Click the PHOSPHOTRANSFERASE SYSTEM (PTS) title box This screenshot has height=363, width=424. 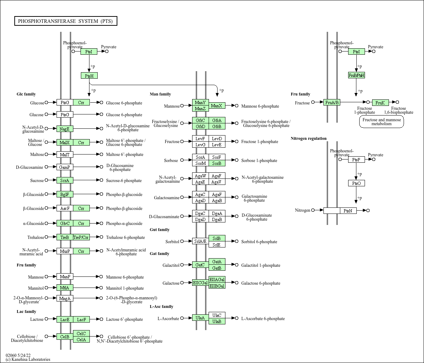66,21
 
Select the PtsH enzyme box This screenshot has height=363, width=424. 89,76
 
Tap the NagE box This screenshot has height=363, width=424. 65,129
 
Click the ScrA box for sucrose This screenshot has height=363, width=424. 65,180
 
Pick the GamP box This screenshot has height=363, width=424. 65,167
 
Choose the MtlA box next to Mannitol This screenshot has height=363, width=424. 65,288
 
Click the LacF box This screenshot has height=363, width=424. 81,319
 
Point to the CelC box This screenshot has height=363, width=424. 81,334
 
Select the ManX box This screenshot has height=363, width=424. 217,106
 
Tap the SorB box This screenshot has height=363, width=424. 217,163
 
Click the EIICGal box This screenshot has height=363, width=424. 200,283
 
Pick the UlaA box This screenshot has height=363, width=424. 200,318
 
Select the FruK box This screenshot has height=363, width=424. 380,103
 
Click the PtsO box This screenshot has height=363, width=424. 356,183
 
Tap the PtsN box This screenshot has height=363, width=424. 348,211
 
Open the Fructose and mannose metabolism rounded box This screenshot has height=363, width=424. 381,122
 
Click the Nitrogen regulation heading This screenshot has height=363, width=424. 308,138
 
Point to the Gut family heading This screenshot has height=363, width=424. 160,230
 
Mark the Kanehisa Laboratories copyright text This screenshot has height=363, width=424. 28,359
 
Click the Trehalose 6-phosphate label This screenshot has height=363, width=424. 126,237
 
